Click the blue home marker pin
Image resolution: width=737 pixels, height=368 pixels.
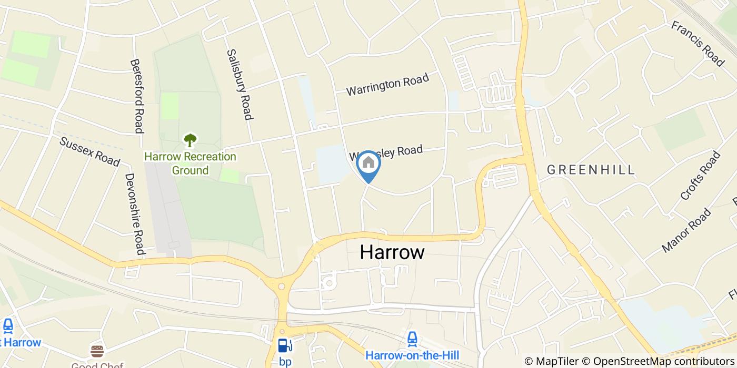click(368, 163)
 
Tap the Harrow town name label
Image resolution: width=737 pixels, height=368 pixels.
click(392, 252)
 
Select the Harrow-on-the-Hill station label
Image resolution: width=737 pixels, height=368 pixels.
click(412, 356)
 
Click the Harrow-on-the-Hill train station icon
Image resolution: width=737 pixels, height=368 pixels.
click(412, 338)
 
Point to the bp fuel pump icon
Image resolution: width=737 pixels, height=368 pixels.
click(285, 346)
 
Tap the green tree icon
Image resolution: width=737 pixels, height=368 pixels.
click(190, 140)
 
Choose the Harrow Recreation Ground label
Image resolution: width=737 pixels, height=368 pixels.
click(190, 163)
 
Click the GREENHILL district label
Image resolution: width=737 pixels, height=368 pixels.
click(591, 170)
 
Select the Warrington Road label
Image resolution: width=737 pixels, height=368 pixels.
click(387, 85)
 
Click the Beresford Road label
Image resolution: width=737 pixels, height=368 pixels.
click(137, 96)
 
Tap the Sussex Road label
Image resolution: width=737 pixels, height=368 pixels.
click(89, 151)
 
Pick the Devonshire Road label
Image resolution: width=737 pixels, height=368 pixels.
click(134, 214)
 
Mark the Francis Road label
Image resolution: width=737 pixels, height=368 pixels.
click(698, 44)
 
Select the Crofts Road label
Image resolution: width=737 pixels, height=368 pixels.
click(700, 176)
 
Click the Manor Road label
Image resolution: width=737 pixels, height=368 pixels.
click(686, 230)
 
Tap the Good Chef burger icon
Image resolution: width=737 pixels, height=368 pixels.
click(97, 351)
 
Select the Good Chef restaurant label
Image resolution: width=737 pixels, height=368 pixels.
click(97, 365)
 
